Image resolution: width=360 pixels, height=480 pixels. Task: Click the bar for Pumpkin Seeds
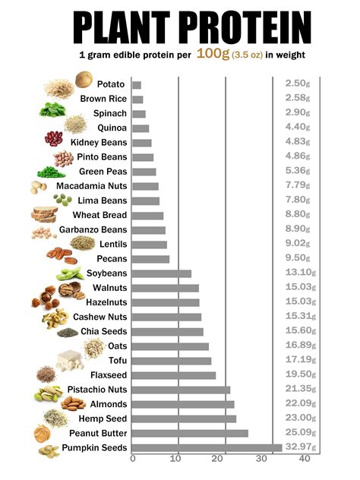pyautogui.click(x=207, y=447)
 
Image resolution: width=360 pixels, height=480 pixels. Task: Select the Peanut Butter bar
pyautogui.click(x=190, y=433)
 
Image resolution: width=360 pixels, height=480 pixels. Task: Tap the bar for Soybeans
pyautogui.click(x=162, y=273)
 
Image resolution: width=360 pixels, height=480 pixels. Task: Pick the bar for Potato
pyautogui.click(x=137, y=84)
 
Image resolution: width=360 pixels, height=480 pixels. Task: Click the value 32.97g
pyautogui.click(x=297, y=447)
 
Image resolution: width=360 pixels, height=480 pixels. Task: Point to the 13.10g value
pyautogui.click(x=297, y=273)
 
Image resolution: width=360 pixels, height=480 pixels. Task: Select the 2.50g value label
pyautogui.click(x=297, y=84)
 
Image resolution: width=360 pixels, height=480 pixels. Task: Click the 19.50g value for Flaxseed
pyautogui.click(x=297, y=375)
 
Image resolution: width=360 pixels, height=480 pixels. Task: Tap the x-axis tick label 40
pyautogui.click(x=305, y=459)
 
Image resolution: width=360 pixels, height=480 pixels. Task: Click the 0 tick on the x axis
pyautogui.click(x=133, y=459)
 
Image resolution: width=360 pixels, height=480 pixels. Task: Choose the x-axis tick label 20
pyautogui.click(x=219, y=459)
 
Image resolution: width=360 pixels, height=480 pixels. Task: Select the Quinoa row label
pyautogui.click(x=112, y=128)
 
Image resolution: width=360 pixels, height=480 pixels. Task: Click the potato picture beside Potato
pyautogui.click(x=84, y=79)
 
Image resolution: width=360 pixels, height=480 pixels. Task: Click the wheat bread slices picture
pyautogui.click(x=44, y=214)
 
